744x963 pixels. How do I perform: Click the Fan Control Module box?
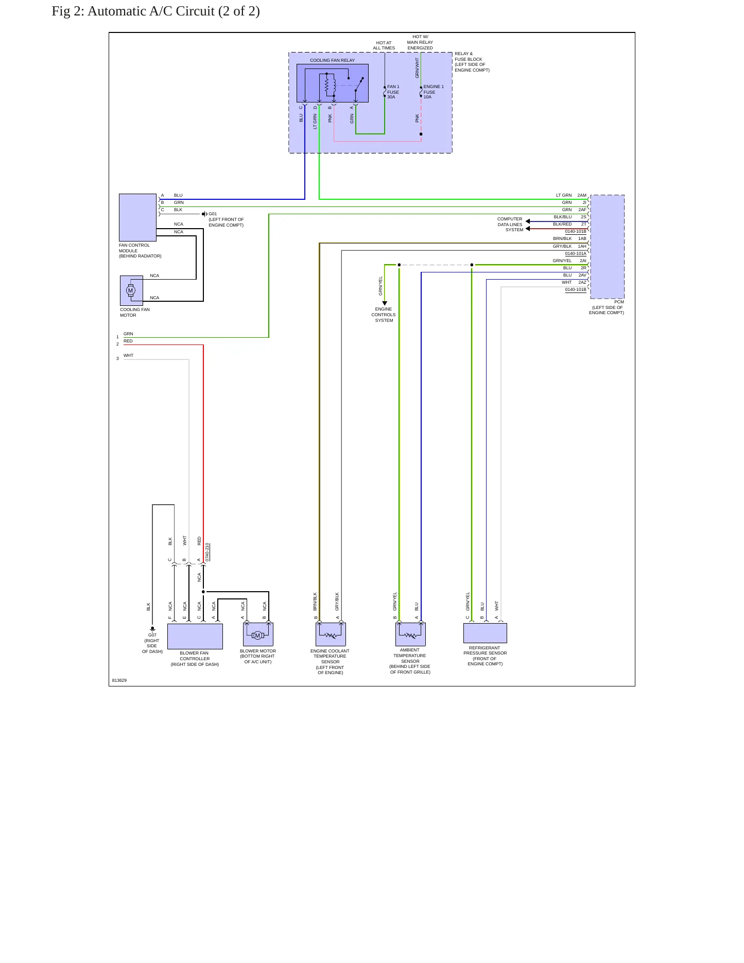coord(137,217)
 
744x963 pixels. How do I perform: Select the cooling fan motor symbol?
coord(131,290)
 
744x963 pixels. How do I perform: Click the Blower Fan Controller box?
coord(195,637)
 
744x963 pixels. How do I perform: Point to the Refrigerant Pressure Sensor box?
coord(485,633)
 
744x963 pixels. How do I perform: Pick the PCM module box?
coord(608,247)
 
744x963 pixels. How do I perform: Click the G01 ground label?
coord(213,214)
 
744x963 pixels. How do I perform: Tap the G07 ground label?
coord(152,635)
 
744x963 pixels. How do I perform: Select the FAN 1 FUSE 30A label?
coord(393,92)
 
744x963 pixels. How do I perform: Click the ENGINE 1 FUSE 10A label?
coord(434,92)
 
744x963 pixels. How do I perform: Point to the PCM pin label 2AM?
coord(582,196)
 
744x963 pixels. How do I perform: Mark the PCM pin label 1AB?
coord(582,239)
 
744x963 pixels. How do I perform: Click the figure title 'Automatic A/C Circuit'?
coord(151,11)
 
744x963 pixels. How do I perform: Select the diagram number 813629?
coord(119,680)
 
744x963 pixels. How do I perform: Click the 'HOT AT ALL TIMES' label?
coord(384,45)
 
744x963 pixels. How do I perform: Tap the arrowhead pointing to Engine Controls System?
coord(385,303)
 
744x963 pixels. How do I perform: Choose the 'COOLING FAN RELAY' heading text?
coord(332,60)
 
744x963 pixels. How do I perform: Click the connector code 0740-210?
coord(207,552)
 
